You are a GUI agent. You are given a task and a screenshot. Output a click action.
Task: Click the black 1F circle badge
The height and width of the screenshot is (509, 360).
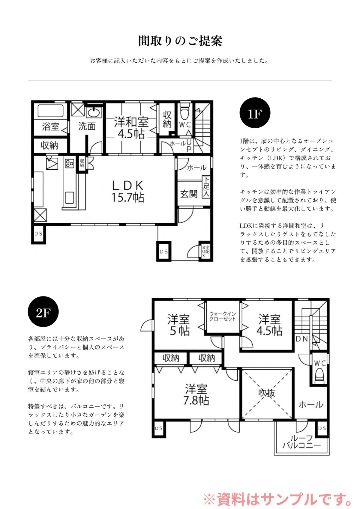click(x=255, y=113)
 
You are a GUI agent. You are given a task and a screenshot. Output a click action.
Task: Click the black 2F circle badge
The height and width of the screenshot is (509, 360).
click(x=43, y=311)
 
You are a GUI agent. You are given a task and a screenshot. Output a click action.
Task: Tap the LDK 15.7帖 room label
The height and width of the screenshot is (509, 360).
click(x=128, y=191)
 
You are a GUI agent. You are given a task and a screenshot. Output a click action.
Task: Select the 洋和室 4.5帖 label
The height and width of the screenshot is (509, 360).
click(x=131, y=127)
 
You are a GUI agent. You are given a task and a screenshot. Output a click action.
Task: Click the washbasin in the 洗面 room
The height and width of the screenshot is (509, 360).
click(x=94, y=112)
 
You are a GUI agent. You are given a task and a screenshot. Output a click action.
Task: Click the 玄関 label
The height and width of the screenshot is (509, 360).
click(x=188, y=194)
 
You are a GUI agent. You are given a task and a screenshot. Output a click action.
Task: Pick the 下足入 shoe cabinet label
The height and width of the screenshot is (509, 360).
click(x=206, y=186)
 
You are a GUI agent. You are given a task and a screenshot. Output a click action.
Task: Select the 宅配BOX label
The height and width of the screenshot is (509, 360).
click(x=206, y=251)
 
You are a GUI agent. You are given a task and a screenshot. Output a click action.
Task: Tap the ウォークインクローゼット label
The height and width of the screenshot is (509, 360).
click(x=223, y=316)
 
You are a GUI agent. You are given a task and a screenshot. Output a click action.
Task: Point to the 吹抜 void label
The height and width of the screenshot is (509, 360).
click(x=266, y=393)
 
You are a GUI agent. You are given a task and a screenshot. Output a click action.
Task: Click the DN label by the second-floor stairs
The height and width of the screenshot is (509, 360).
click(x=302, y=339)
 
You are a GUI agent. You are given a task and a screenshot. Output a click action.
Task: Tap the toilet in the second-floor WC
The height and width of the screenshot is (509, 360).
click(x=320, y=375)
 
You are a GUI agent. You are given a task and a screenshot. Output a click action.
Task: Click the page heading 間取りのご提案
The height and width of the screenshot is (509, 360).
click(x=180, y=41)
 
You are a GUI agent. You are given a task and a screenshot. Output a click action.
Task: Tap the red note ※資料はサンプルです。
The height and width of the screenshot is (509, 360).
click(x=278, y=499)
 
